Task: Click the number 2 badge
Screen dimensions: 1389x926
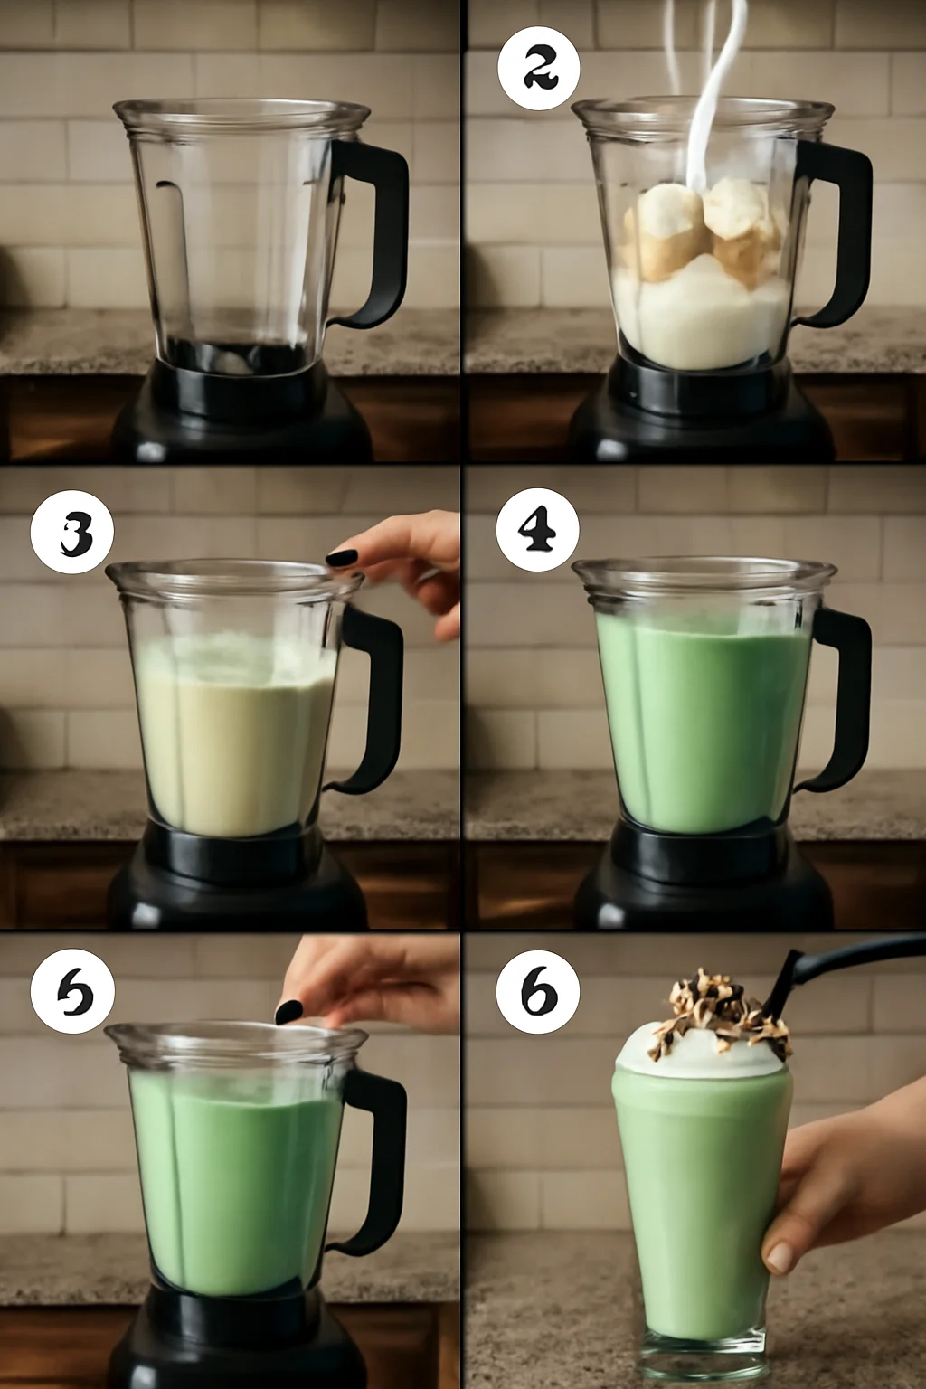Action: (x=539, y=69)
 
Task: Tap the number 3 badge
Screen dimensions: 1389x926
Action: (x=72, y=533)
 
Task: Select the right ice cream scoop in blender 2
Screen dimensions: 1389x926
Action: (x=737, y=213)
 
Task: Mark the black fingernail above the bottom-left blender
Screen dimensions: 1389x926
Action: (x=288, y=1011)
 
